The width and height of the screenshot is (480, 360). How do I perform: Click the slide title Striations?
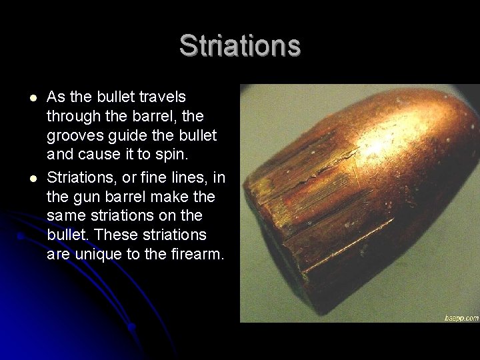click(x=240, y=45)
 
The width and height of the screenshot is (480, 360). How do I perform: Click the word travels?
click(x=162, y=98)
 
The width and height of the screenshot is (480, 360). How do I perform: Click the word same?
click(x=65, y=215)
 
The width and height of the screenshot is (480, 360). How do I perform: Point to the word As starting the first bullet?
click(x=56, y=98)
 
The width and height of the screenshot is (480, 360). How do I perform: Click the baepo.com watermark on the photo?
click(x=461, y=318)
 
